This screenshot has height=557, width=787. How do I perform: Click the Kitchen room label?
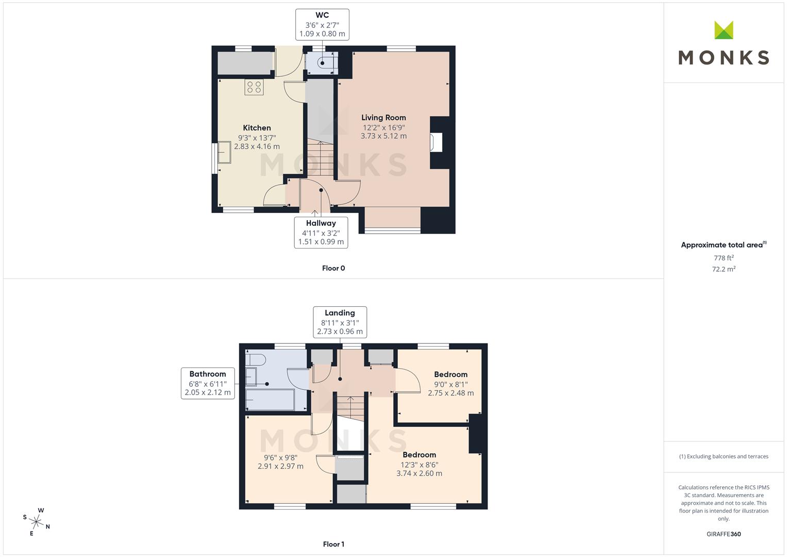point(257,128)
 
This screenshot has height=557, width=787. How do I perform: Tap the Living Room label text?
point(383,118)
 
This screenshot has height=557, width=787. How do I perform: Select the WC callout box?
point(322,24)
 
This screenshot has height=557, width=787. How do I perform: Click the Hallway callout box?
point(321,232)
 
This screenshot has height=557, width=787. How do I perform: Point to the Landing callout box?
point(340,322)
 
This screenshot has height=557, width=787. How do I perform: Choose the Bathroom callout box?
point(208,383)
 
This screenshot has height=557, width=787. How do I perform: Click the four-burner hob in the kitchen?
point(254,87)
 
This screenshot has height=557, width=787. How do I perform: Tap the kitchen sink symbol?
point(224,152)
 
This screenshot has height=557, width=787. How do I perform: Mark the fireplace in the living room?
point(436,142)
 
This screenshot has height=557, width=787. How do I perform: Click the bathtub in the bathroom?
point(270,400)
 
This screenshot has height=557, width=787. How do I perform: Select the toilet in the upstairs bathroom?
point(255,359)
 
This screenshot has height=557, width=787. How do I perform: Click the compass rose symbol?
point(37,521)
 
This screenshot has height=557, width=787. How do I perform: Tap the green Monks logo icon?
point(724,30)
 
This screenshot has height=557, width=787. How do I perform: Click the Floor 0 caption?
point(333,268)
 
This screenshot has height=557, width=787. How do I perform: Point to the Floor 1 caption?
point(333,544)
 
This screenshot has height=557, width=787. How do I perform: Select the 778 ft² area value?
point(724,258)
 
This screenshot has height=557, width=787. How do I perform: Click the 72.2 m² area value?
point(724,269)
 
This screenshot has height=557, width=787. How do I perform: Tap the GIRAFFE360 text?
point(724,534)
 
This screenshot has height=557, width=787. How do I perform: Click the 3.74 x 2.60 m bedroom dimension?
point(419,473)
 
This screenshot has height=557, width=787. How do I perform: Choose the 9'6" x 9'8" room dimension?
point(280,457)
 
